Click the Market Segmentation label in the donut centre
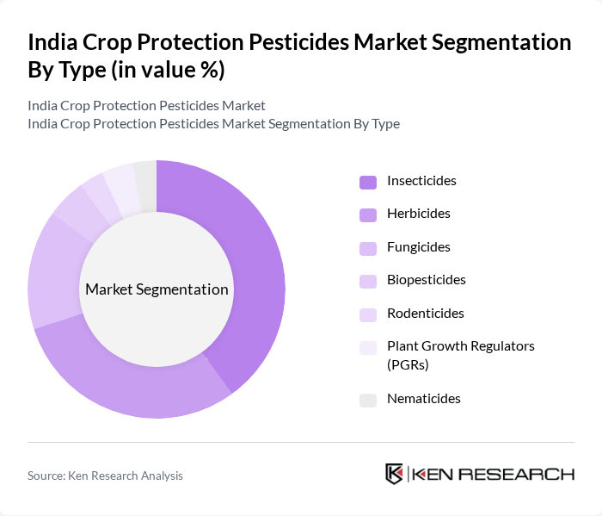pos(157,289)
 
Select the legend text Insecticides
pos(421,181)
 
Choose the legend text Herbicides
pos(418,214)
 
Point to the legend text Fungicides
pos(418,247)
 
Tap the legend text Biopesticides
pos(426,280)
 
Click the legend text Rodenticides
pos(425,314)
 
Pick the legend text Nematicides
pos(423,399)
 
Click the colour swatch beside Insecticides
pos(367,182)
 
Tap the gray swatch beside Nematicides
pos(367,400)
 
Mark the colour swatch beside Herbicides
pos(367,214)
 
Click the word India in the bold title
pos(52,42)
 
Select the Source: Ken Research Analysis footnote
pos(105,476)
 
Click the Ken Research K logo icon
pos(395,474)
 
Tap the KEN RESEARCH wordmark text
pos(494,474)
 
